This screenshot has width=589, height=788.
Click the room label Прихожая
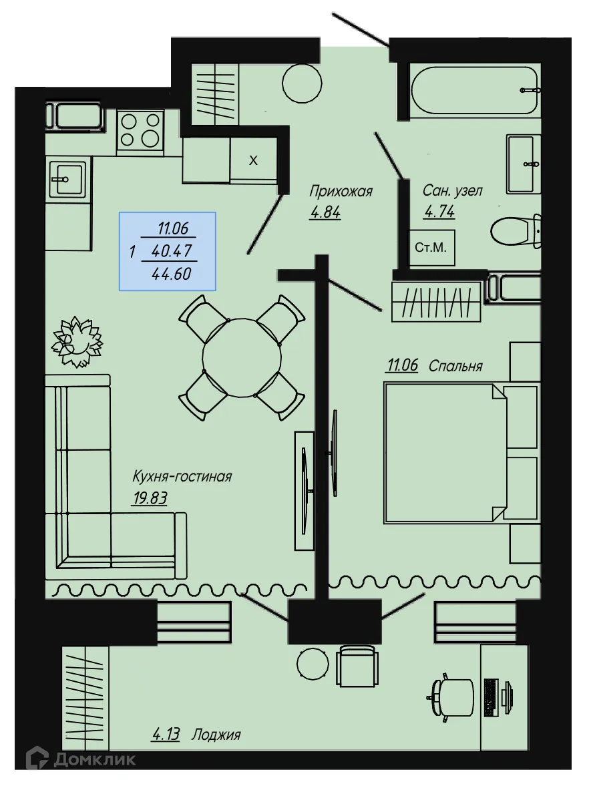[340, 192]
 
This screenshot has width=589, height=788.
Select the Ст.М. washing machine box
[430, 248]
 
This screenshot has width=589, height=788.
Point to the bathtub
[474, 90]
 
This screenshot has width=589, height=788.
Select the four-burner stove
[140, 130]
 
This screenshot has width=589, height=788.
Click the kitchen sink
[67, 178]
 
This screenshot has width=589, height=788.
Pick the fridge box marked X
[253, 160]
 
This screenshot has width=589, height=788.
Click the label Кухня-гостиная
[182, 477]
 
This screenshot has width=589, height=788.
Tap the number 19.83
[148, 498]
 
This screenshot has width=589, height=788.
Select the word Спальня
[455, 366]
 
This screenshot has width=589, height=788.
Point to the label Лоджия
[215, 735]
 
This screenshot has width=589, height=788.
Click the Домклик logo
[81, 759]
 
